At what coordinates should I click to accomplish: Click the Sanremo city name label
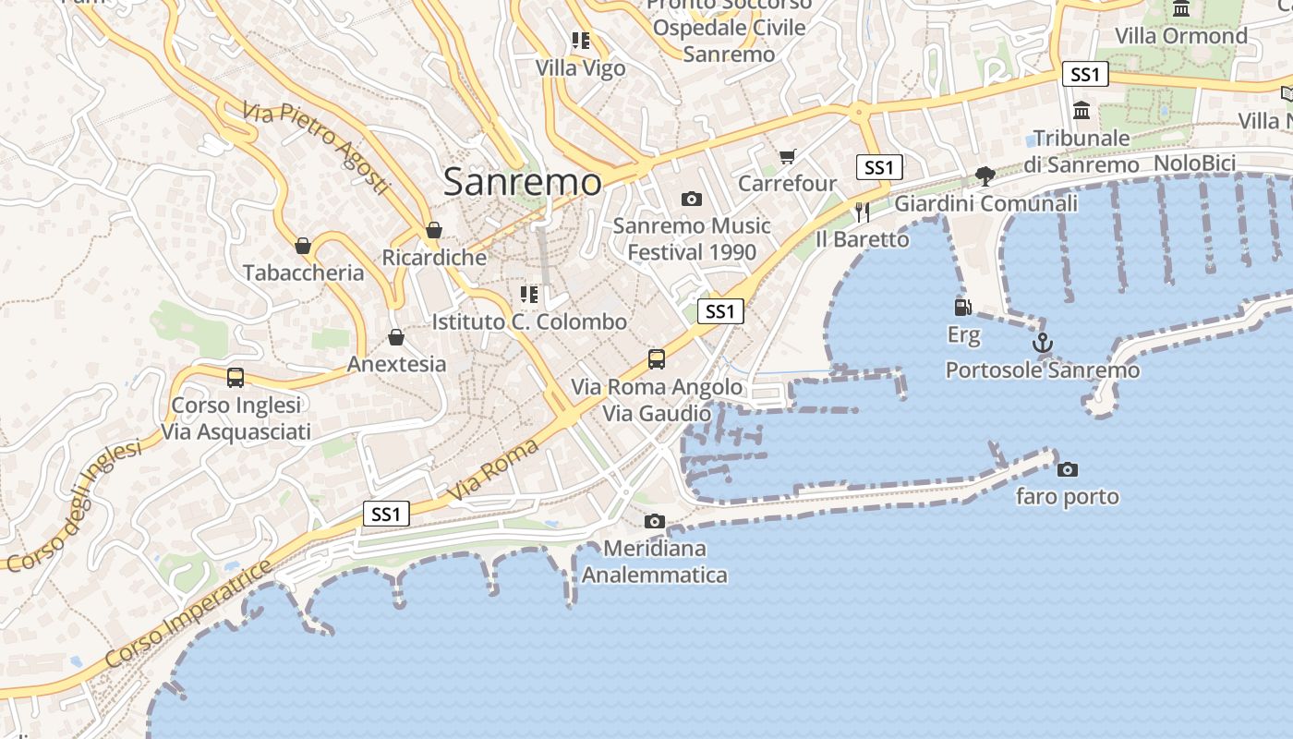coord(522,181)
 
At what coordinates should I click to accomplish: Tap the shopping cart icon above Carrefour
coord(787,157)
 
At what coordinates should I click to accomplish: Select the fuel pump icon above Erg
coord(962,307)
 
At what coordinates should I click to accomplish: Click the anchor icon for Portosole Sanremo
coord(1043,344)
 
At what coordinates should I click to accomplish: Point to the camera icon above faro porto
coord(1067,469)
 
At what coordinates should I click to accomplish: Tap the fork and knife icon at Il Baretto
coord(862,212)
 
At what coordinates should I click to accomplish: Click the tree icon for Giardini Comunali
coord(985,176)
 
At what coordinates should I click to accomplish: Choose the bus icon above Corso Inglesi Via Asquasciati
coord(236,377)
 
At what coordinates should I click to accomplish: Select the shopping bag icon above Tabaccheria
coord(302,246)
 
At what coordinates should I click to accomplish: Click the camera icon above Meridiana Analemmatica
coord(654,521)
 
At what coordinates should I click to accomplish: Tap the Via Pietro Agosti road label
coord(317,148)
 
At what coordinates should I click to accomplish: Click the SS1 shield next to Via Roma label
coord(386,515)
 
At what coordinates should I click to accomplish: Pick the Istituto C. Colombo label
coord(529,322)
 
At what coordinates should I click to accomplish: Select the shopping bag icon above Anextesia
coord(396,337)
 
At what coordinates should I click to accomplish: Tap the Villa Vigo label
coord(580,68)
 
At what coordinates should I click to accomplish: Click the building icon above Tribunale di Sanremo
coord(1082,112)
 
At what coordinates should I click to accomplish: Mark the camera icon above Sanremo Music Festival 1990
coord(691,199)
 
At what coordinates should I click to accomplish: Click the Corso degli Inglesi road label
coord(73,505)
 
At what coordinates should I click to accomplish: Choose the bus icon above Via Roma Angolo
coord(657,359)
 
